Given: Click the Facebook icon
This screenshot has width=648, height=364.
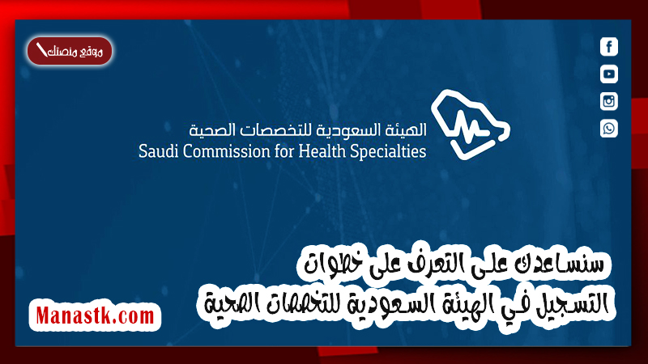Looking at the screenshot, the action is point(609,47).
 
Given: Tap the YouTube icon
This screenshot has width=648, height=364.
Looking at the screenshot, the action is point(609,74).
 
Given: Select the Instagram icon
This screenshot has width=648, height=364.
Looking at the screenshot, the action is point(609,101).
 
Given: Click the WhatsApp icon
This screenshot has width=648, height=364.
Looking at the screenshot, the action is point(609,129).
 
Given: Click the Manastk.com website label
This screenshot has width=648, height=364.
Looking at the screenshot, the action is point(95,315).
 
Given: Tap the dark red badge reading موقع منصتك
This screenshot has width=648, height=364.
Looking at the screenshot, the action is point(70,51).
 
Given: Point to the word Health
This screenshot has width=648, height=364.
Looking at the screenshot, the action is point(322,151).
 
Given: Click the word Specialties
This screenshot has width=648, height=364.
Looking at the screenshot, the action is point(388,152).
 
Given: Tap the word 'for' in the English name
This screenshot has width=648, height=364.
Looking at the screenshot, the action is point(284,151).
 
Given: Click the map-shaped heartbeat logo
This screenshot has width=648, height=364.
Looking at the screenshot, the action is point(471,125).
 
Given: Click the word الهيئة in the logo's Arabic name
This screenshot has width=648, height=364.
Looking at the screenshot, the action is point(406,130).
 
